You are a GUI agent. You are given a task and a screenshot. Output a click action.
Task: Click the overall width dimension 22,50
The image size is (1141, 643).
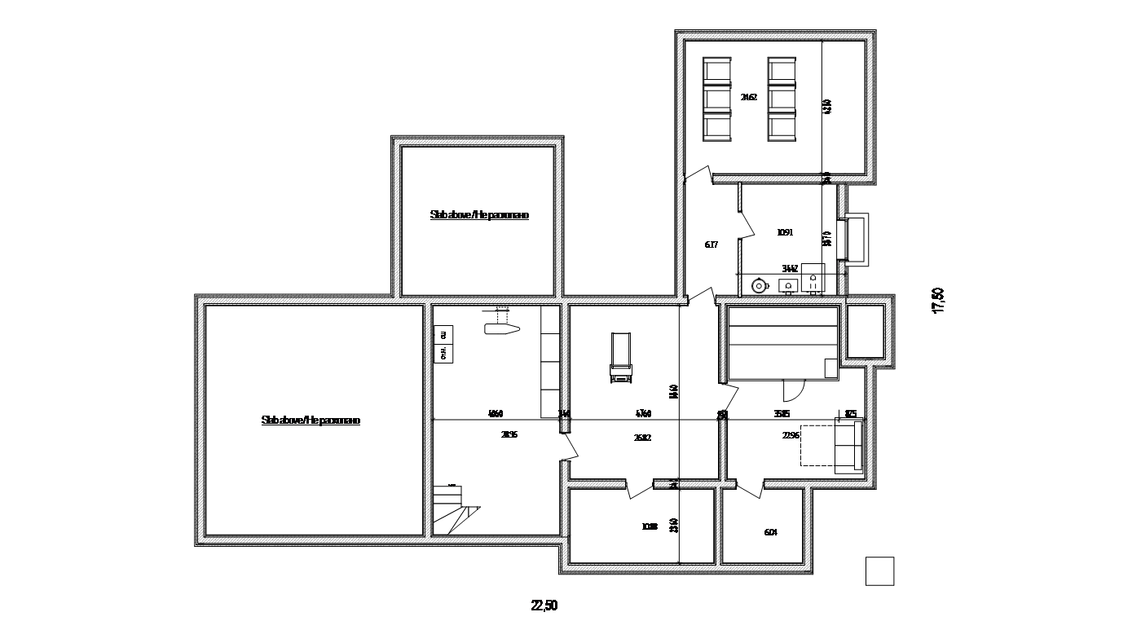point(544,606)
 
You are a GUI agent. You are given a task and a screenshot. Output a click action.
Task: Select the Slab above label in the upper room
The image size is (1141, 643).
point(479,215)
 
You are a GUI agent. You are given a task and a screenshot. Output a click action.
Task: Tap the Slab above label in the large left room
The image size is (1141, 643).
point(311,421)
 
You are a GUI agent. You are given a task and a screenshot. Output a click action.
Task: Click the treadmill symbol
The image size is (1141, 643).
point(620,358)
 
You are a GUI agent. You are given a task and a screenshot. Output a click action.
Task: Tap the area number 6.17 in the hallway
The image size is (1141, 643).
point(711,244)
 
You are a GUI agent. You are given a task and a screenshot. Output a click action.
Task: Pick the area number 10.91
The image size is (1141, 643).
point(785,232)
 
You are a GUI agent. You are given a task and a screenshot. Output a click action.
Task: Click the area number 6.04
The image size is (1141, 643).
point(770,532)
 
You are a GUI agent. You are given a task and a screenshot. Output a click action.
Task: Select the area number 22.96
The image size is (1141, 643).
point(791,435)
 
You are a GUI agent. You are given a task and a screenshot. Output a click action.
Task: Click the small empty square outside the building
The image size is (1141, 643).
point(879,570)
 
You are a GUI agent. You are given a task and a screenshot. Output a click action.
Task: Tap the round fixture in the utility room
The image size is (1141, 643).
point(759,285)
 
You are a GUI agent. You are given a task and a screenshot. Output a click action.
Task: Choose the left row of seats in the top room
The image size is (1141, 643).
point(718,99)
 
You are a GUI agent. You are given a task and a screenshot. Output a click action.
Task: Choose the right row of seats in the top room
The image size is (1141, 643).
point(782,99)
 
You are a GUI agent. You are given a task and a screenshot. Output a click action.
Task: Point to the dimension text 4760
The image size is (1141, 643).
point(643,414)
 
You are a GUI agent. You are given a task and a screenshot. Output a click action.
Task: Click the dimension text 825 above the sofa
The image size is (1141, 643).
point(850,414)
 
